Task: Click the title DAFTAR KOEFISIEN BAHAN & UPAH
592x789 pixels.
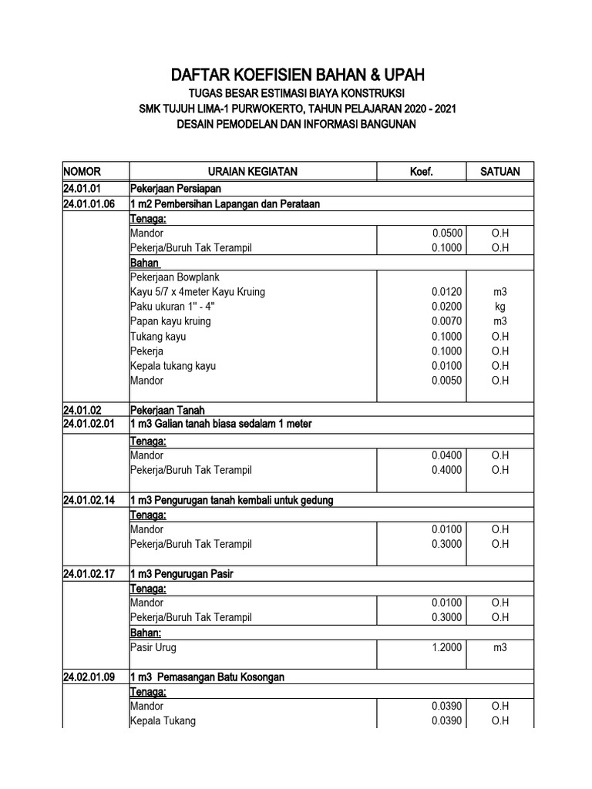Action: pyautogui.click(x=297, y=75)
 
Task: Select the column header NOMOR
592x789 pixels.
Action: pyautogui.click(x=82, y=172)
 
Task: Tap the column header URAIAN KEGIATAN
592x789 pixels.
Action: pyautogui.click(x=252, y=172)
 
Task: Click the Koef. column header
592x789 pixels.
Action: pyautogui.click(x=421, y=172)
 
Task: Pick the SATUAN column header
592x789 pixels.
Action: pyautogui.click(x=500, y=172)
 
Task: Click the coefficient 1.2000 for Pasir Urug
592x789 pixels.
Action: pyautogui.click(x=447, y=648)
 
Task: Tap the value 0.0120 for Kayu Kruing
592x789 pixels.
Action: pyautogui.click(x=447, y=293)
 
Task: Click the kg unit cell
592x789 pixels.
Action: pyautogui.click(x=500, y=307)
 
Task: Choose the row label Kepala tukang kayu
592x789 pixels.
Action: pyautogui.click(x=173, y=366)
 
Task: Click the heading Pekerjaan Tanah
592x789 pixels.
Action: pyautogui.click(x=167, y=411)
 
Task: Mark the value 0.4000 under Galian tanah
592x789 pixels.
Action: pyautogui.click(x=447, y=470)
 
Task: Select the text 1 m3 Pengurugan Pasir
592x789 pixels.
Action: pyautogui.click(x=181, y=575)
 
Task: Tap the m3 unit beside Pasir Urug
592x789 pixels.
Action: pyautogui.click(x=500, y=648)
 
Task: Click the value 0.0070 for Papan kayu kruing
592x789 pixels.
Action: pyautogui.click(x=447, y=322)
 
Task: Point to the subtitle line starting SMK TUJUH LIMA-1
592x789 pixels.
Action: pyautogui.click(x=297, y=109)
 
